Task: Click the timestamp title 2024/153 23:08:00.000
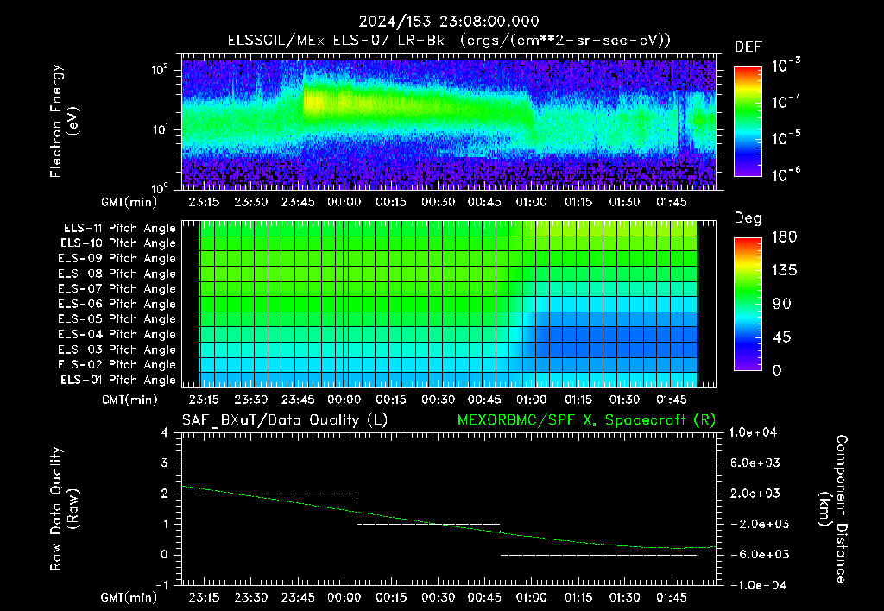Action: [449, 22]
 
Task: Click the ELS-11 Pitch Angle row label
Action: [119, 229]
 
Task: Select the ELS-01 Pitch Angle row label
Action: [118, 381]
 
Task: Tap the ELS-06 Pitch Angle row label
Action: [117, 305]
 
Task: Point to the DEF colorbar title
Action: [748, 47]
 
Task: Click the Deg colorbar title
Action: [748, 218]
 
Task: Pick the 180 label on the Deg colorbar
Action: [784, 236]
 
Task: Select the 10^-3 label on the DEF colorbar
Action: [786, 65]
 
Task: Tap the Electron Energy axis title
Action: [63, 121]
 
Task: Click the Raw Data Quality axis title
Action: [63, 508]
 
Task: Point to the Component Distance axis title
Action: [833, 508]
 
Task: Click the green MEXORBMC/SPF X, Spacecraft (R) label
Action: [586, 420]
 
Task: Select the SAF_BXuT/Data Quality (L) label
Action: [285, 420]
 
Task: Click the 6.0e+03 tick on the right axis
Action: [755, 463]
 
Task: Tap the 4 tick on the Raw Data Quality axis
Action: [165, 433]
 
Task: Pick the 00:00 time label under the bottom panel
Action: [344, 597]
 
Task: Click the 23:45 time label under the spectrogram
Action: [298, 202]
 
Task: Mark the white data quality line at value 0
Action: [599, 555]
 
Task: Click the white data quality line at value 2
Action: [278, 494]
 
